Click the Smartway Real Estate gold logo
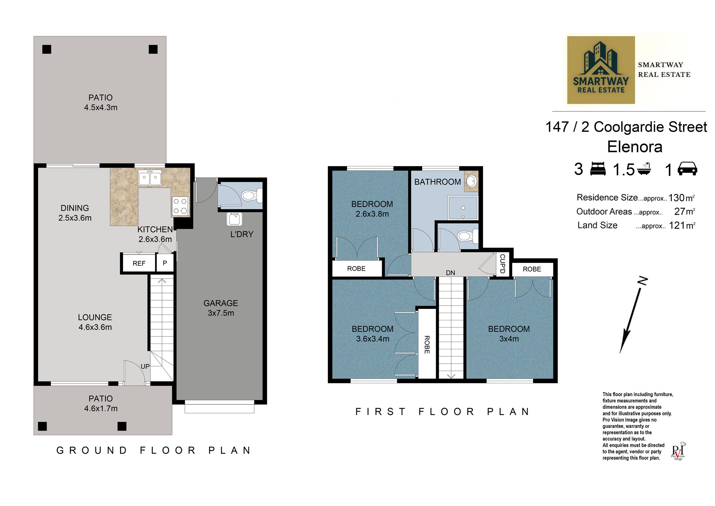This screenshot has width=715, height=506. [601, 70]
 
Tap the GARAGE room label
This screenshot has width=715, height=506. [221, 303]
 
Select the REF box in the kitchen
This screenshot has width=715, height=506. [139, 263]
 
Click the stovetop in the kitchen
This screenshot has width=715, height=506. [181, 206]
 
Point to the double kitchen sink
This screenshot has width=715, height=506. [150, 177]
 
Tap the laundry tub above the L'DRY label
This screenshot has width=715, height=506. [235, 219]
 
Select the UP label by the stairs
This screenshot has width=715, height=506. [145, 366]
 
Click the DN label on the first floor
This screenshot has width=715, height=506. [450, 273]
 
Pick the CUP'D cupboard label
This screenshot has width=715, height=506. [502, 264]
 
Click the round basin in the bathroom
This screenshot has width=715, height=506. [472, 181]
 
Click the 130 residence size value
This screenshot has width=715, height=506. [676, 198]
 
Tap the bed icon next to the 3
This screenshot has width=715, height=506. [598, 169]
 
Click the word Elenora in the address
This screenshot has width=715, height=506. [635, 147]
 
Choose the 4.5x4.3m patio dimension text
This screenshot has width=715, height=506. [101, 107]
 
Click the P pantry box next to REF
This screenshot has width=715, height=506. [165, 263]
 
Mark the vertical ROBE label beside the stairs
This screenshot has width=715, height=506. [427, 345]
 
